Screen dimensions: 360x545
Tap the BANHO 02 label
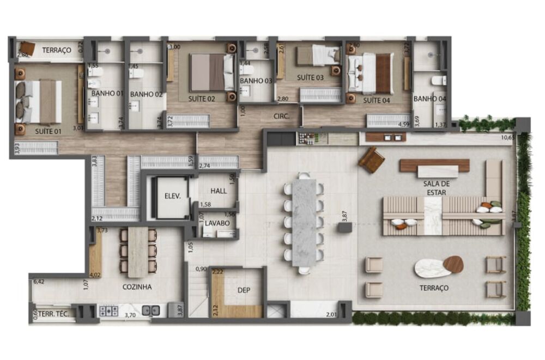coord(147,94)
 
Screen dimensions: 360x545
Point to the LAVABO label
coord(217,223)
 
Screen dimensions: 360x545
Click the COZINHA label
coord(137,287)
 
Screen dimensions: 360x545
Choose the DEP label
coord(244,290)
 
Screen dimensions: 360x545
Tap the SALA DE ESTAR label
coord(439,187)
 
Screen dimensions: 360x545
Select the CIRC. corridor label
coord(281,116)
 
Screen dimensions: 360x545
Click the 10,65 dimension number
coord(507,137)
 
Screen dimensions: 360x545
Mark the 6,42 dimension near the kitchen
coord(38,282)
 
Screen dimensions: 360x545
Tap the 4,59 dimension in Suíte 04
coord(404,125)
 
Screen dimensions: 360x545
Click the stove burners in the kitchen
coord(108,311)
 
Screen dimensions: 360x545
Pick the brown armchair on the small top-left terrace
coord(27,49)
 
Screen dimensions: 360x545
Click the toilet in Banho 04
coord(438,81)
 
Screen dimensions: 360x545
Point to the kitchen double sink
coord(151,311)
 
